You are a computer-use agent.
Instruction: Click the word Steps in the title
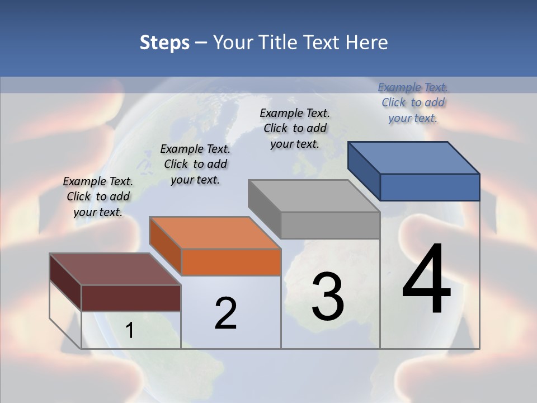tap(164, 43)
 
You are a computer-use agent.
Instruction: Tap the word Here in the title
tap(367, 43)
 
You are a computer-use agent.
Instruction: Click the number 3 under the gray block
tap(328, 297)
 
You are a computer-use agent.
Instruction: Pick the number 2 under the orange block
tap(225, 313)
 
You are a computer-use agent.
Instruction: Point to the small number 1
tap(129, 331)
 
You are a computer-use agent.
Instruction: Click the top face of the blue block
tap(414, 157)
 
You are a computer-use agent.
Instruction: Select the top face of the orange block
tap(215, 232)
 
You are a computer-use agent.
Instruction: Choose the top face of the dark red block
tap(115, 269)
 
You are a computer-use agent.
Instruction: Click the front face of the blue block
tap(430, 187)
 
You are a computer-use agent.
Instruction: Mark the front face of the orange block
tap(231, 262)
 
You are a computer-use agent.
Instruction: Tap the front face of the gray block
tap(330, 225)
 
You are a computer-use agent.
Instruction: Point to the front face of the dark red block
tap(131, 298)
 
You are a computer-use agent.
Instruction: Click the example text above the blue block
tap(413, 102)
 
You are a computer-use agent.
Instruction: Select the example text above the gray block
tap(295, 128)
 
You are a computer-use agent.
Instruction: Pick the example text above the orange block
tap(195, 164)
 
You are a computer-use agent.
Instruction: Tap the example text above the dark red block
tap(98, 196)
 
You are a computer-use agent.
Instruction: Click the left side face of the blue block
tap(364, 170)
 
